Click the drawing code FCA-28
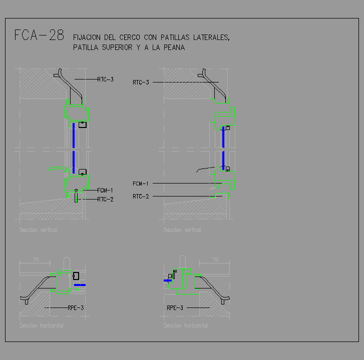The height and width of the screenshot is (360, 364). [39, 35]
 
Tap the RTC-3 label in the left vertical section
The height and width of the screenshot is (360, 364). [105, 79]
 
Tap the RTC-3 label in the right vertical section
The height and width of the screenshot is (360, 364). [141, 82]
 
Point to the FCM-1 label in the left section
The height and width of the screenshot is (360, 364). [105, 190]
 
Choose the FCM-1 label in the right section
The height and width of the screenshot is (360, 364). [141, 183]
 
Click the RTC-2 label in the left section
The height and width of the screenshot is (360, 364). [105, 199]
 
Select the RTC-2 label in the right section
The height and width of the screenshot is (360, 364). [141, 196]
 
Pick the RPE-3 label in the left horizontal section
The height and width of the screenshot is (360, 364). [76, 307]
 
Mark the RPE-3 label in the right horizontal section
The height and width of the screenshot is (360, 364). [175, 307]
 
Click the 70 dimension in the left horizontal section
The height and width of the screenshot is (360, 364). [36, 259]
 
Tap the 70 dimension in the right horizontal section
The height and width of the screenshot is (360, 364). [215, 259]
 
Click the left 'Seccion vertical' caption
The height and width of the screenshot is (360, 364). [39, 230]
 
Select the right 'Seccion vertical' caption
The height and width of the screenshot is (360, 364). [182, 230]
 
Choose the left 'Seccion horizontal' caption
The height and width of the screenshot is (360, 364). [42, 325]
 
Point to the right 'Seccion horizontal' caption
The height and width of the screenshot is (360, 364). [185, 325]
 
